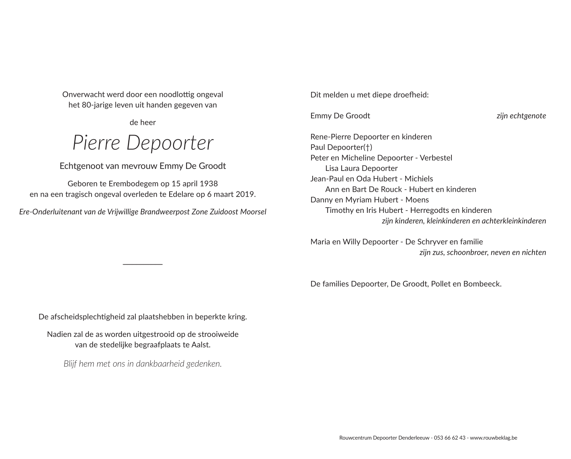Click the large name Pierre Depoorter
143,143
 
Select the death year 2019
245,194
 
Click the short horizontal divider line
143,264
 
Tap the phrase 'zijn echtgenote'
521,116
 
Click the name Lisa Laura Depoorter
361,168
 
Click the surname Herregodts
432,210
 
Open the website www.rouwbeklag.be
493,438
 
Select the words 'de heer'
143,123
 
